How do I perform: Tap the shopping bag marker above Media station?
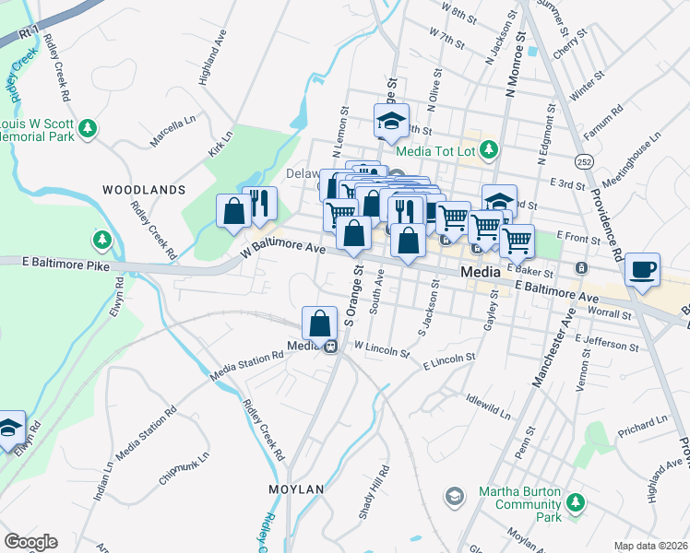coord(319,324)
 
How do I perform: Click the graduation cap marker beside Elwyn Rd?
coord(10,429)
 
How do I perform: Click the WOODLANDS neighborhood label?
coord(144,189)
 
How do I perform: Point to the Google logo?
coord(30,541)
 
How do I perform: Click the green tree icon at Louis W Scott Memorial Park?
coord(88,127)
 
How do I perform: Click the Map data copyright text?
coord(649,545)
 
